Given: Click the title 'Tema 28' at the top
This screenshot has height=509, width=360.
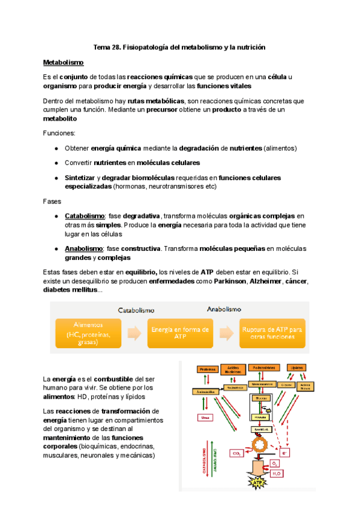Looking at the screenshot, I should tap(180, 47).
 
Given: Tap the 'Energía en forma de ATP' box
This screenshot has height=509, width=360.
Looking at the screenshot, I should tap(179, 333).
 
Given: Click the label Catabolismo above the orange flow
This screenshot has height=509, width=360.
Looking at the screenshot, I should tap(135, 310).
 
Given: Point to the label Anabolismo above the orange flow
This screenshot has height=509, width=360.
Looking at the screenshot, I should tap(224, 310).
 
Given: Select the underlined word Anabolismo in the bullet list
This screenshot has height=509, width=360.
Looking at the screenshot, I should tap(83, 248).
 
